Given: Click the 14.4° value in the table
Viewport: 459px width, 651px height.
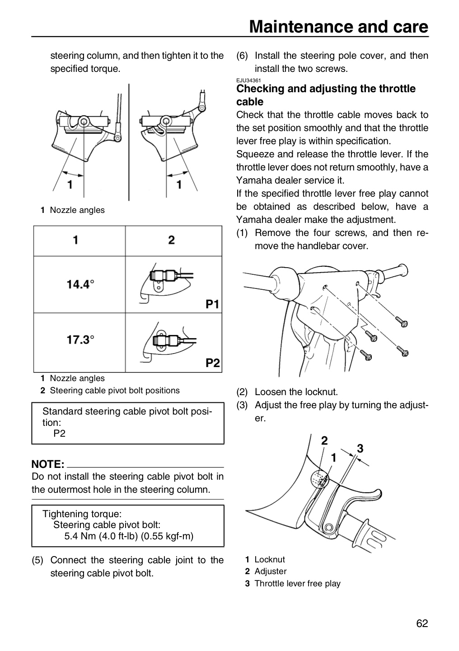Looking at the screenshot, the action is tap(80, 284).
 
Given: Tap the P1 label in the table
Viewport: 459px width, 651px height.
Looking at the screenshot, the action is tap(212, 304).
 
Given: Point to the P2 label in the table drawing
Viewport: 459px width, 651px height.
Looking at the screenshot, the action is tap(213, 363).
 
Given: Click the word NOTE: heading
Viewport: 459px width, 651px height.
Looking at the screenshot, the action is tap(48, 464).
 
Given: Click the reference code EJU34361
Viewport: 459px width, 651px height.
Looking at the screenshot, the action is tap(248, 80).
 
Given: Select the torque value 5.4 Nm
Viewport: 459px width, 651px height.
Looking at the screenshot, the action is tap(80, 536).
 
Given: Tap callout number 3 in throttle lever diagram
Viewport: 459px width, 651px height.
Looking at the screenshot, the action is tap(360, 448).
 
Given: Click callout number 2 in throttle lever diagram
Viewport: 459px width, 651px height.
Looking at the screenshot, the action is tap(324, 441).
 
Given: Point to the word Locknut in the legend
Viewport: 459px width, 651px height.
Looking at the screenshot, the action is tap(270, 560).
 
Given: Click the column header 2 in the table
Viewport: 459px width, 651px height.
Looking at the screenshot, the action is tap(171, 240).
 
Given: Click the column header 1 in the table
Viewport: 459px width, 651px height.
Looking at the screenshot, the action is tap(75, 240).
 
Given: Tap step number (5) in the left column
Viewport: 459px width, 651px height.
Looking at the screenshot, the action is tap(37, 560).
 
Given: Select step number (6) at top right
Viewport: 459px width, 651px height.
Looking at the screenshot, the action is tap(242, 56).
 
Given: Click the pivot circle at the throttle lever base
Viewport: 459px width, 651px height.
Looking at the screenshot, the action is tap(329, 527).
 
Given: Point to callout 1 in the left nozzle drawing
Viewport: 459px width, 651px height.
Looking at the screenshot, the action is tap(70, 184).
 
